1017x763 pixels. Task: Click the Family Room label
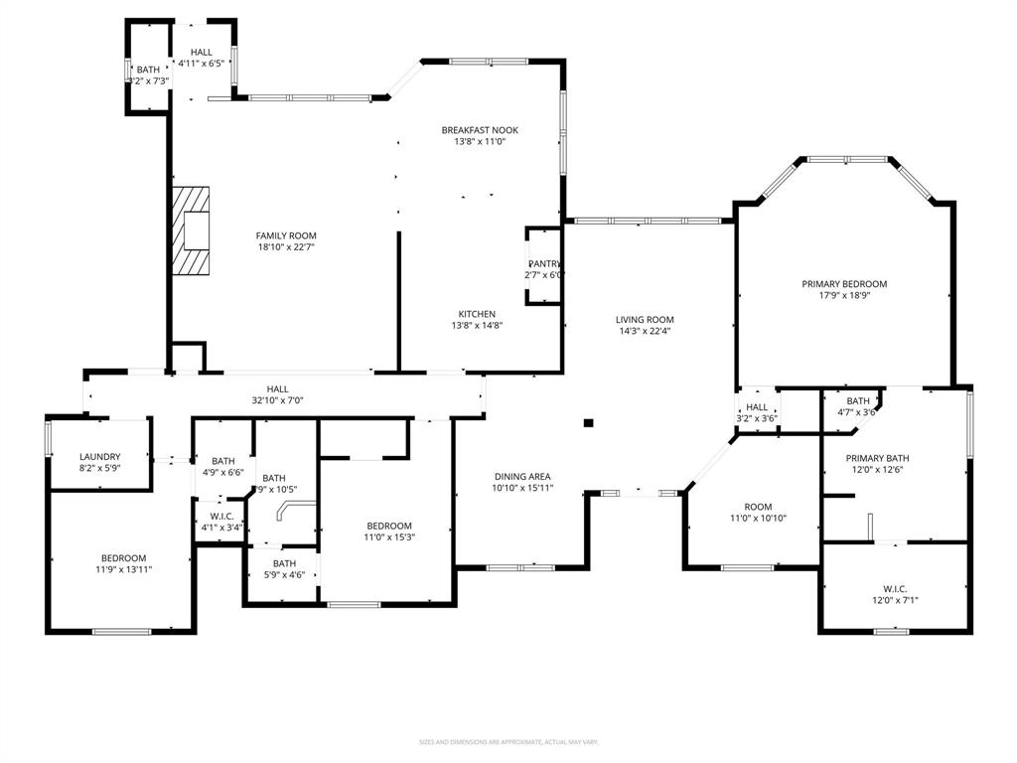pos(286,235)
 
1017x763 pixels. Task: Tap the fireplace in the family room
pos(192,231)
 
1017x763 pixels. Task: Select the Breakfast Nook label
pos(480,130)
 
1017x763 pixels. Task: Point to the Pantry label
pos(544,263)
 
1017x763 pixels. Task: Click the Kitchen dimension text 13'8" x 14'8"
pos(477,326)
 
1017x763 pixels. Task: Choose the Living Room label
pos(645,319)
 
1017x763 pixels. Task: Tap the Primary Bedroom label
pos(844,284)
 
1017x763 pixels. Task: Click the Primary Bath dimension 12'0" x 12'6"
pos(877,470)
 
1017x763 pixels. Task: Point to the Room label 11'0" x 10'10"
pos(758,507)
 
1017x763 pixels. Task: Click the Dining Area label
pos(522,476)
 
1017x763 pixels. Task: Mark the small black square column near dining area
pos(588,423)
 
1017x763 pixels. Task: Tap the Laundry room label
pos(100,456)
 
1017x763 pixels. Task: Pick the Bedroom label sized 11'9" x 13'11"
pos(123,557)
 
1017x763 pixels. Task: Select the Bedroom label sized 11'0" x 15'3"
pos(388,526)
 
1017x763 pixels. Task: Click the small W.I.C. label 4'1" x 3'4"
pos(221,516)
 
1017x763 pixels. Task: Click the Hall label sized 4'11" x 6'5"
pos(202,52)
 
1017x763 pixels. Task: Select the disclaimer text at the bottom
pos(508,742)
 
